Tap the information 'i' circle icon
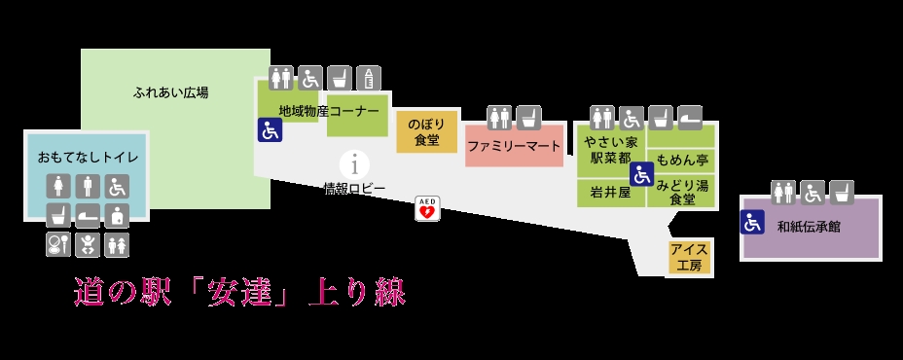[x=355, y=165]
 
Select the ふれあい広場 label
[x=170, y=92]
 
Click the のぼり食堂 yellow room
[x=427, y=132]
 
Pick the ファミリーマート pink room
[x=514, y=146]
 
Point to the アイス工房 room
[x=690, y=257]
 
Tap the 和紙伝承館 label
[x=809, y=227]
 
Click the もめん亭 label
[x=682, y=160]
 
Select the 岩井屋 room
[x=611, y=193]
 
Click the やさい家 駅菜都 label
[x=610, y=149]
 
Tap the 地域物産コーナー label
[x=329, y=111]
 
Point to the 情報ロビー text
[x=354, y=189]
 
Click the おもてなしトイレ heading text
[x=89, y=157]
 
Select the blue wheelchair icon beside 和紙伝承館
[x=753, y=223]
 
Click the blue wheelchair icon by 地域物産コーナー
[x=270, y=129]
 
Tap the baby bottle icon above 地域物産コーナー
[x=369, y=79]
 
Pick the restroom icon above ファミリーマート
[x=499, y=118]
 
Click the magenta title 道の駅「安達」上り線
[x=240, y=292]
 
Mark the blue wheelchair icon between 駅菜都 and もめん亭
[x=641, y=174]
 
